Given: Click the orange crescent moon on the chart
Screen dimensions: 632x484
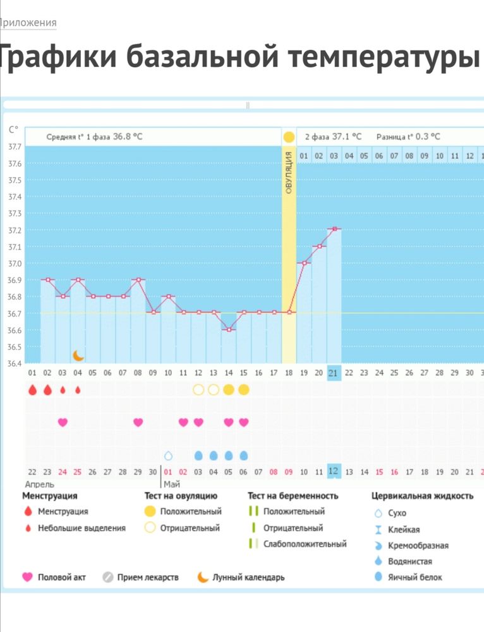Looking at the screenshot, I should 78,355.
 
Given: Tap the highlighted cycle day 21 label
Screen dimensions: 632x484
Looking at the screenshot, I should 334,373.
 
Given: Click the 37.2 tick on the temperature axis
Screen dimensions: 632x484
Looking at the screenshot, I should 14,230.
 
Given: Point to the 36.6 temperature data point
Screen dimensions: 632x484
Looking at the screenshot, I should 229,329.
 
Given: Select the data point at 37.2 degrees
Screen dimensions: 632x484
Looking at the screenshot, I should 334,229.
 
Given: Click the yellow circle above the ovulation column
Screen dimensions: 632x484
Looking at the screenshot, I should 289,137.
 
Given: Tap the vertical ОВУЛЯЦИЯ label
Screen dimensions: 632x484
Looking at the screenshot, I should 289,172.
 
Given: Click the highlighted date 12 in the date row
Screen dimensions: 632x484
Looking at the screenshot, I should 334,471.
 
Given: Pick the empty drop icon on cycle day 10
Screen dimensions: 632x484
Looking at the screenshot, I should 168,455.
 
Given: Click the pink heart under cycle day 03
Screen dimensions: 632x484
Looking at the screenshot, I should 63,422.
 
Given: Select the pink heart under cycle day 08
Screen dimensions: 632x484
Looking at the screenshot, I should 138,422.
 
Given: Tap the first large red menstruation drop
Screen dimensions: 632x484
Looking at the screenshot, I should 32,390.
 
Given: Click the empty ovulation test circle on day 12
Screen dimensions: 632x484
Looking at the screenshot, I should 198,390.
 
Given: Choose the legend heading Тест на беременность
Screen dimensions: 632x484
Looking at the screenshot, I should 293,496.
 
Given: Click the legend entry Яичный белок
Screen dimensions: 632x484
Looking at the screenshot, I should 411,577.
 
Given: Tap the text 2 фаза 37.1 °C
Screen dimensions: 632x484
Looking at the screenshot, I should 333,137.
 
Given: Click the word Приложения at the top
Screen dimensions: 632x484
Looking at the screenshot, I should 28,23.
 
